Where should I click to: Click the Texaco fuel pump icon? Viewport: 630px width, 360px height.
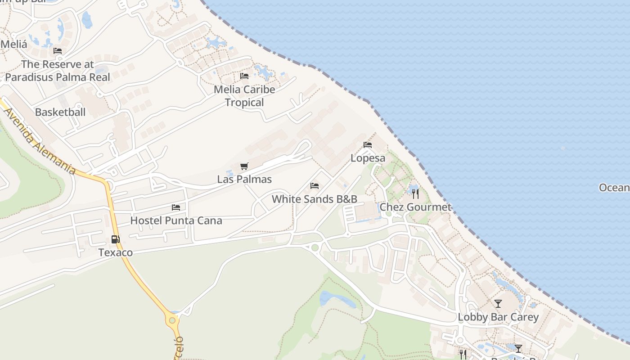[116, 239]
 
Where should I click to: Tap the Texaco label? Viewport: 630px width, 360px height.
[116, 252]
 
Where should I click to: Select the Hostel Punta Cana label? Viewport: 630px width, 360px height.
[176, 220]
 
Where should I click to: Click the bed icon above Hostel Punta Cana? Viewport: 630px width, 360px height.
[176, 207]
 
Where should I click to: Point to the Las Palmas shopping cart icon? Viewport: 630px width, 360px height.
[244, 166]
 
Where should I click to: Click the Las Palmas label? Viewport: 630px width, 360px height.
[244, 179]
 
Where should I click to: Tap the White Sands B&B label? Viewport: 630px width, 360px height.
[315, 199]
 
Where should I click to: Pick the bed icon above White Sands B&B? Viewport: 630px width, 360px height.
[315, 186]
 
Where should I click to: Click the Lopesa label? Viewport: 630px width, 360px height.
[368, 158]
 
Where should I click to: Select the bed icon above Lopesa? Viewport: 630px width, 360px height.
[368, 145]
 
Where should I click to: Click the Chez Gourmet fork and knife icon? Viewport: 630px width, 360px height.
[415, 194]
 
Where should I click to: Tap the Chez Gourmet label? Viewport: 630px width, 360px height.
[415, 207]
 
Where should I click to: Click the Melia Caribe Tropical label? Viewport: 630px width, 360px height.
[244, 96]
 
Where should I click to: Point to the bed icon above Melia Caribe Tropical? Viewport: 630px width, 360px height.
[244, 76]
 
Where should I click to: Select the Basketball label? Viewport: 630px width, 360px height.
[60, 112]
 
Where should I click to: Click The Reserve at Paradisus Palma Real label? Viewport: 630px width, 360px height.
[58, 71]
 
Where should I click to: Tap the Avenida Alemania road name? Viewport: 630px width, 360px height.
[40, 141]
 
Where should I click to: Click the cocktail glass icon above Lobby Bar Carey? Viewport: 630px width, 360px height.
[498, 304]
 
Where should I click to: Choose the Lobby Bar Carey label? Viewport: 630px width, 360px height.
[498, 317]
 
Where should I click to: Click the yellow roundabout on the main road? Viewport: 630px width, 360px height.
[171, 321]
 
